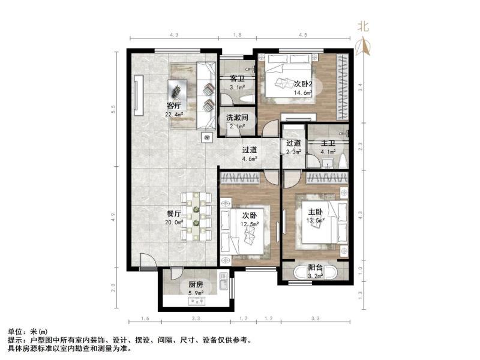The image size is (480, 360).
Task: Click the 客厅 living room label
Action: [174, 106]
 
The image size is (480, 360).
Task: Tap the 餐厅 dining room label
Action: [174, 214]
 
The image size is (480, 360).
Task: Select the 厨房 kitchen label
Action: [196, 284]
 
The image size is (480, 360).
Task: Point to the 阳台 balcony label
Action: [316, 268]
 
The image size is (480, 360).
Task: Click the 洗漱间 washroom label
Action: [237, 118]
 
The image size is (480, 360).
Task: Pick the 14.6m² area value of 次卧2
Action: [303, 93]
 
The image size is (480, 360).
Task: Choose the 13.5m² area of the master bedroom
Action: [316, 220]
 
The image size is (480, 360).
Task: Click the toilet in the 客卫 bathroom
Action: [248, 99]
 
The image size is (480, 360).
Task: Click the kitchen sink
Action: [223, 282]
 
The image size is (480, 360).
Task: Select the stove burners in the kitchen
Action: [197, 302]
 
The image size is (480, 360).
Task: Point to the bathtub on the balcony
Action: [316, 272]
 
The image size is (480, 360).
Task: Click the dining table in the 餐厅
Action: [196, 216]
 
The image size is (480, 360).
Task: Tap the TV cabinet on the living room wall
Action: [139, 95]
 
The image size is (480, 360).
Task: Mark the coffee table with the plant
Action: [176, 89]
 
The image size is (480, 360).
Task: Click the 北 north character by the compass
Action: [364, 27]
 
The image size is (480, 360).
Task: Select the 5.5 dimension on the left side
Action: [113, 109]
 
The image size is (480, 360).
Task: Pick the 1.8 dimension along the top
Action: [237, 35]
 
